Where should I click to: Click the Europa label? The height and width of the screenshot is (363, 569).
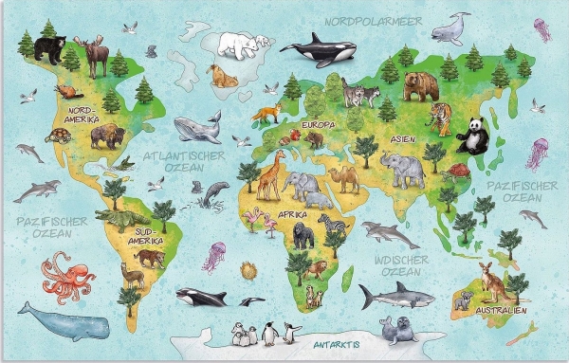tap(319, 125)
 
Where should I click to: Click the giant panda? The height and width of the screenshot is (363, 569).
tap(471, 136)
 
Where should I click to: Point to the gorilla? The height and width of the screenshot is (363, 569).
tap(303, 232)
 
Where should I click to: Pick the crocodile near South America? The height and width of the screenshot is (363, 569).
tap(121, 220)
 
